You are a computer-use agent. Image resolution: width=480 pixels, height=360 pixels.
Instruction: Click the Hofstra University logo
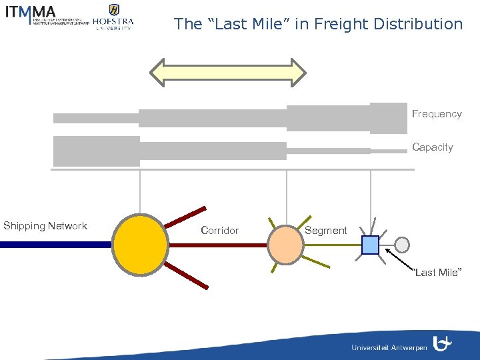click(x=113, y=17)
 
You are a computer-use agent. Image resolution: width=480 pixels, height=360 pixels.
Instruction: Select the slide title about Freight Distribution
click(x=318, y=25)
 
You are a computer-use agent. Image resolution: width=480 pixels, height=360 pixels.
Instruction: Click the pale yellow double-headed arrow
click(x=227, y=73)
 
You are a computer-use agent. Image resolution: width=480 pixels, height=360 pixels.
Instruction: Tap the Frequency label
click(x=436, y=114)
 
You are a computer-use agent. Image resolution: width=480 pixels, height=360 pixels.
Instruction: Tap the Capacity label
click(x=432, y=147)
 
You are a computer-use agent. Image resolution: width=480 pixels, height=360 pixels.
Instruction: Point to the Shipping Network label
click(x=45, y=226)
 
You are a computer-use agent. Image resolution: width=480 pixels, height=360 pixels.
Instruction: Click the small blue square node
click(x=370, y=245)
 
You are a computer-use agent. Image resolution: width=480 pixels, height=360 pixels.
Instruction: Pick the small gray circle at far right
click(x=402, y=245)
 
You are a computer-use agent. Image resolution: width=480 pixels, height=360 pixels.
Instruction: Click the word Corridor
click(x=219, y=231)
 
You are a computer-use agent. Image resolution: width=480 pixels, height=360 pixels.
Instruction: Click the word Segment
click(x=325, y=231)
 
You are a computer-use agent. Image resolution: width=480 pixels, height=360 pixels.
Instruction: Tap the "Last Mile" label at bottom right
click(x=436, y=273)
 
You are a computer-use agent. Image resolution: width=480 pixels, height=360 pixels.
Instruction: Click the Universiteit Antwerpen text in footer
click(x=389, y=347)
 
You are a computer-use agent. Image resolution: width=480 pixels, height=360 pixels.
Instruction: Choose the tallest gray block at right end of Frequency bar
click(x=388, y=118)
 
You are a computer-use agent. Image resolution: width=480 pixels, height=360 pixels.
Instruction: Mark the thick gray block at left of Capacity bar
click(x=96, y=151)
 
